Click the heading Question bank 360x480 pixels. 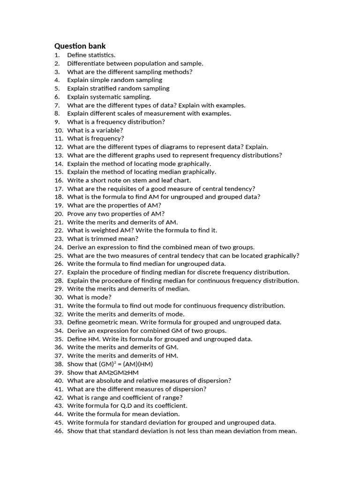(80, 46)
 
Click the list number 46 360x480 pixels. (59, 431)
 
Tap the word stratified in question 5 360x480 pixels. (104, 88)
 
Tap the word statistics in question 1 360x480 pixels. (100, 55)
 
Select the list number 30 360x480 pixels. (59, 297)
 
